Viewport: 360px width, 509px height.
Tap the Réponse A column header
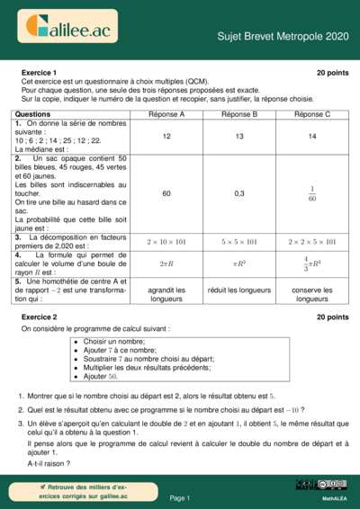click(x=166, y=114)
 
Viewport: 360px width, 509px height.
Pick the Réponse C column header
click(x=312, y=114)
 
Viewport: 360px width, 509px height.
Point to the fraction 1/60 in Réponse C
click(x=312, y=193)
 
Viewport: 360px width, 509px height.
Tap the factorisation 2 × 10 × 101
click(x=166, y=241)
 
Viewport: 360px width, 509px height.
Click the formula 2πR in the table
click(x=166, y=264)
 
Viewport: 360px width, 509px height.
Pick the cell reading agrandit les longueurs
click(x=166, y=294)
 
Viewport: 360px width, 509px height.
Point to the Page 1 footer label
click(x=179, y=497)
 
